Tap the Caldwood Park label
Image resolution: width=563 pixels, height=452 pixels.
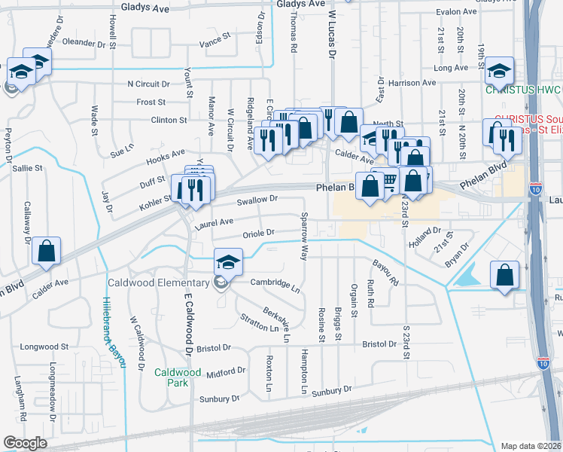coord(178,377)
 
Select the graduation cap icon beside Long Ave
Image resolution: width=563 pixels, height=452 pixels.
coord(498,71)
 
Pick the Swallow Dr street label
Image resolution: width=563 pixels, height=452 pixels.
coord(257,200)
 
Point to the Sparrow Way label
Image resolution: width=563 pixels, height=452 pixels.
coord(305,237)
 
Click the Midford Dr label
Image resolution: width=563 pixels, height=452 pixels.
coord(226,371)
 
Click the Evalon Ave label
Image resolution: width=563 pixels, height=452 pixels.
coord(457,12)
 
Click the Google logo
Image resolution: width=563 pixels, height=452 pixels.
coord(25,443)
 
